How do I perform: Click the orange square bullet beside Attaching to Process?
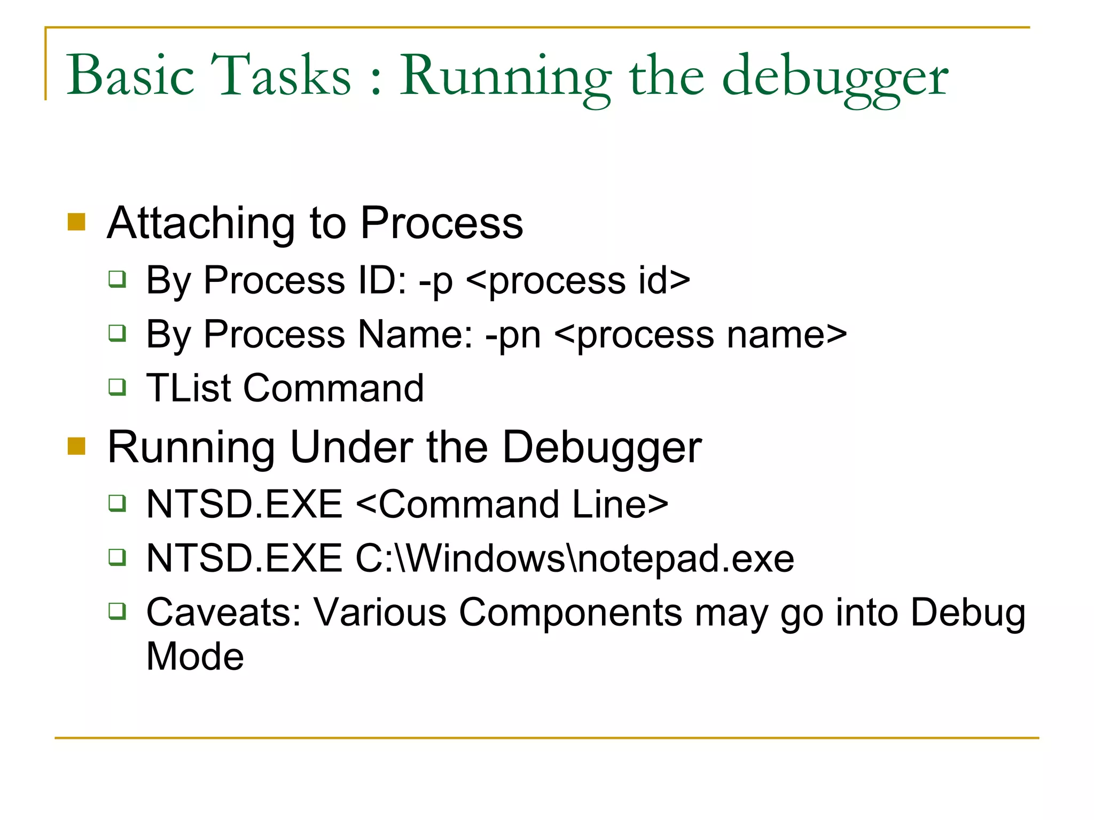pyautogui.click(x=76, y=222)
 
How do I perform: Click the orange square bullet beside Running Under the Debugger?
pyautogui.click(x=76, y=446)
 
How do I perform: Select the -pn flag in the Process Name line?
pyautogui.click(x=513, y=336)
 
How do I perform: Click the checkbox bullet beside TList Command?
pyautogui.click(x=117, y=387)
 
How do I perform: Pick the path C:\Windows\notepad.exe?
pyautogui.click(x=575, y=558)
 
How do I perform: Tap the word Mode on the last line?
pyautogui.click(x=195, y=656)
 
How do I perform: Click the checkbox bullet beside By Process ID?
pyautogui.click(x=117, y=279)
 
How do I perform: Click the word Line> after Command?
pyautogui.click(x=620, y=504)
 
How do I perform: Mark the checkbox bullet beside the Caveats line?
pyautogui.click(x=117, y=610)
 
